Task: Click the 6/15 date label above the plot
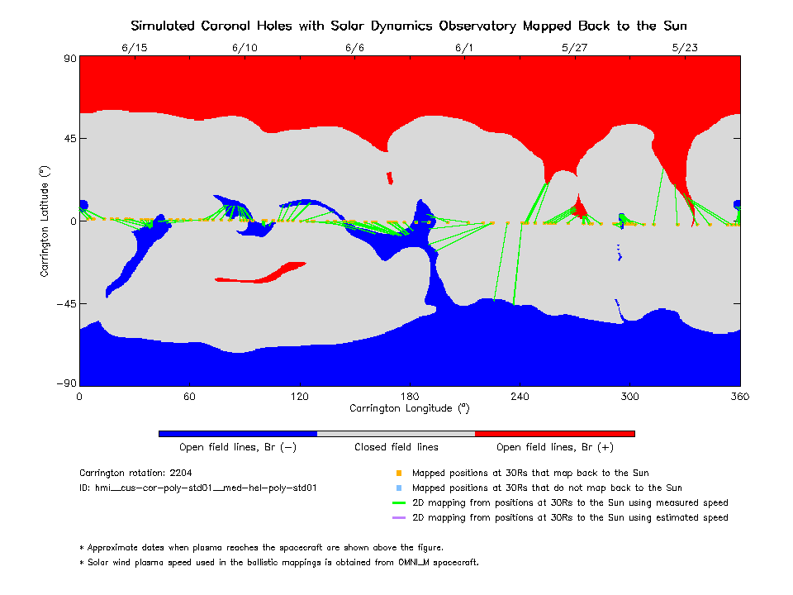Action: [x=134, y=47]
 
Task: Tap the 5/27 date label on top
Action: [x=574, y=47]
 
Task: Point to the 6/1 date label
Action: [x=464, y=47]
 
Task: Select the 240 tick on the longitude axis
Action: [x=520, y=397]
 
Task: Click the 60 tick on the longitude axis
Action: [x=189, y=397]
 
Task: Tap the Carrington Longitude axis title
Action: [x=409, y=408]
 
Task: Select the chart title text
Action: [x=409, y=26]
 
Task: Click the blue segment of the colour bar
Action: [x=237, y=433]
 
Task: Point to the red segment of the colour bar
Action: [x=554, y=433]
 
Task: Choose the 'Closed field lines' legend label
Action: [x=396, y=447]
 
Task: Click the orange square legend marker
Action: [x=398, y=474]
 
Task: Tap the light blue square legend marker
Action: [x=398, y=488]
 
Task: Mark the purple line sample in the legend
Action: [x=398, y=518]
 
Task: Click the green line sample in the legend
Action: [x=398, y=503]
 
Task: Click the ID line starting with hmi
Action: [x=198, y=488]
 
